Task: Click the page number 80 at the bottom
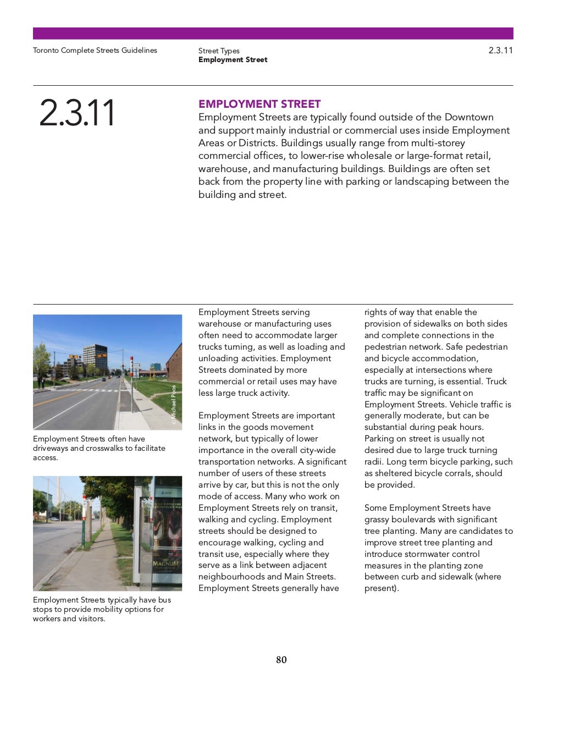click(x=281, y=660)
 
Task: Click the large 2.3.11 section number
click(x=77, y=113)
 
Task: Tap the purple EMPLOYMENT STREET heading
click(x=260, y=104)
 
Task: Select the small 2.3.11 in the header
click(x=500, y=50)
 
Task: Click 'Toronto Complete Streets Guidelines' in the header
click(x=95, y=50)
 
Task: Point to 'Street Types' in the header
click(x=219, y=51)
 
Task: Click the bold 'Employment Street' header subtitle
click(x=233, y=59)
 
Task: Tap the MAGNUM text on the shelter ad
click(x=165, y=564)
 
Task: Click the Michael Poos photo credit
click(x=174, y=404)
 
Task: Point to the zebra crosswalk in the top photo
click(x=99, y=390)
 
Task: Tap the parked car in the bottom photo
click(x=54, y=518)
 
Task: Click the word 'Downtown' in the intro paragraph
click(x=469, y=117)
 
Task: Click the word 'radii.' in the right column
click(x=374, y=461)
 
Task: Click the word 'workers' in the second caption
click(x=47, y=618)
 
